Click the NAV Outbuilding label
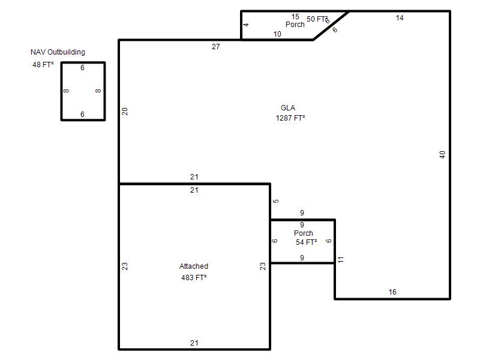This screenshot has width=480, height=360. coord(58,52)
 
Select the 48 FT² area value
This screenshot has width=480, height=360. coord(43,65)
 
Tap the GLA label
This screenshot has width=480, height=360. coord(288,108)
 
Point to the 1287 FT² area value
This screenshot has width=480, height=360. coord(290,118)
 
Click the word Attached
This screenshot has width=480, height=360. coord(194,266)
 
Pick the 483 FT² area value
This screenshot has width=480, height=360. coord(194,278)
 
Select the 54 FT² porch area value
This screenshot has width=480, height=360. coord(306,242)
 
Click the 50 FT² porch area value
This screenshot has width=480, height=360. coord(317,19)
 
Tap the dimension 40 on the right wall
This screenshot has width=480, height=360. coord(442,155)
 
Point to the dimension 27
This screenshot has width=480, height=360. coord(216,47)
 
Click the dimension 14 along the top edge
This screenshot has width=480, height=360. coord(400,18)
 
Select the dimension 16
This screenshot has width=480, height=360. coord(392,292)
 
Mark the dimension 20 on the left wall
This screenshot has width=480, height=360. coord(125,112)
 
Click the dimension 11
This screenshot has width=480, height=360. coord(341,260)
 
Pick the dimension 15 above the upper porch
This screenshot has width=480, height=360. coord(295,17)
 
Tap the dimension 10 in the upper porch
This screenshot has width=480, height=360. coord(277,34)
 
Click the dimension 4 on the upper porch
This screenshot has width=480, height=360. coord(246,25)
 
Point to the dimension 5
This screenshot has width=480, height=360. coord(276,201)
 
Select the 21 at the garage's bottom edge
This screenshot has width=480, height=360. coord(194,343)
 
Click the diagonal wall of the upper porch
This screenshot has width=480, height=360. coord(331,25)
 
